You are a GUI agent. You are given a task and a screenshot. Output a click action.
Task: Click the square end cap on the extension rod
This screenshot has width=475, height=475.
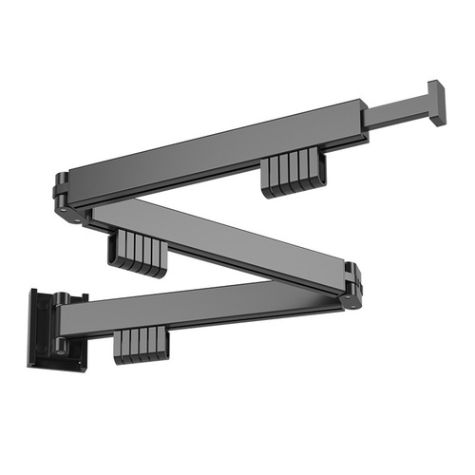[x=436, y=102]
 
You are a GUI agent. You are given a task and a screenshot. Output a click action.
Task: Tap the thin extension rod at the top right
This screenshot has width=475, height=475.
[x=397, y=113]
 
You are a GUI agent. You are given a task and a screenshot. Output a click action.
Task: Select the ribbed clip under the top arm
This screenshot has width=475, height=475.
[x=293, y=174]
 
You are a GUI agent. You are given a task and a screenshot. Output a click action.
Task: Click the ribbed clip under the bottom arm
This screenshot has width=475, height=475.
[x=142, y=347]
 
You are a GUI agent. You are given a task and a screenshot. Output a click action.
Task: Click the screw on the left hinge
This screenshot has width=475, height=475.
[x=76, y=218]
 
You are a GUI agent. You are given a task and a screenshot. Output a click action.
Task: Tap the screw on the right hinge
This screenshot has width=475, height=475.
[x=350, y=303]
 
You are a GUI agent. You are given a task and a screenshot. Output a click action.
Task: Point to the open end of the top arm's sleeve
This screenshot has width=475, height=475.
[x=363, y=119]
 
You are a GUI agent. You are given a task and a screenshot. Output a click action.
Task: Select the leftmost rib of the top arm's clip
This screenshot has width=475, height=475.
[x=268, y=179]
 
